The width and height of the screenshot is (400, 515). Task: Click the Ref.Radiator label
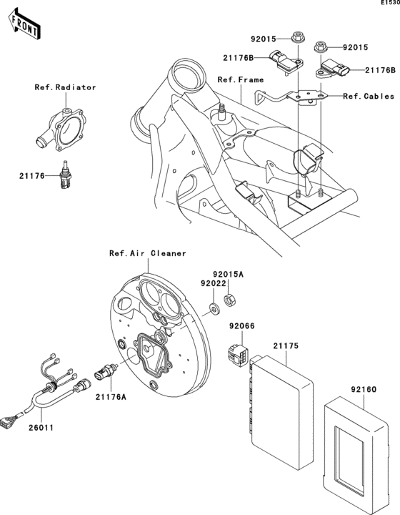click(66, 87)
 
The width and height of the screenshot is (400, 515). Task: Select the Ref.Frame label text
click(241, 79)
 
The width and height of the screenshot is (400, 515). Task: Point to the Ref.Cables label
click(369, 96)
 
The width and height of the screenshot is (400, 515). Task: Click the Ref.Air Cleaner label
click(147, 253)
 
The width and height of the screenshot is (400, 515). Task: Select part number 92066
click(241, 327)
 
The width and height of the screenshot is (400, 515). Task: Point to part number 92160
click(363, 391)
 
